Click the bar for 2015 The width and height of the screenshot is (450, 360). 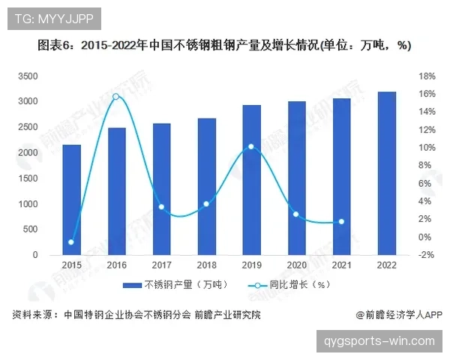(x=71, y=199)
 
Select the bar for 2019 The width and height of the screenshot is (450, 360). (x=252, y=180)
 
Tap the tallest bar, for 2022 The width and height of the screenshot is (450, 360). (x=387, y=173)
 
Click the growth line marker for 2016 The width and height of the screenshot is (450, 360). (x=116, y=97)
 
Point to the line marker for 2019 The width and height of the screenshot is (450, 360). (x=251, y=147)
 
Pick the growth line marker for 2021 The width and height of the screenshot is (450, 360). (x=341, y=222)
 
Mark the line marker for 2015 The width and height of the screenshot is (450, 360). (x=71, y=242)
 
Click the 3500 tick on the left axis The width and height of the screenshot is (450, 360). (x=28, y=76)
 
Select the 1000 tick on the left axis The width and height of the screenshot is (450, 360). (x=28, y=204)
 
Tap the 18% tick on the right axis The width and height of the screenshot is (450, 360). (x=427, y=76)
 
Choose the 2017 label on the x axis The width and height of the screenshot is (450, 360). (x=162, y=265)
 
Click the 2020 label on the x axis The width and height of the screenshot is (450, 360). (x=297, y=265)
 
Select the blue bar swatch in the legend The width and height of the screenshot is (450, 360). (x=132, y=286)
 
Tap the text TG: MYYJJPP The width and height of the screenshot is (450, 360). (x=50, y=18)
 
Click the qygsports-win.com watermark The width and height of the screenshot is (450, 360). (x=379, y=341)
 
